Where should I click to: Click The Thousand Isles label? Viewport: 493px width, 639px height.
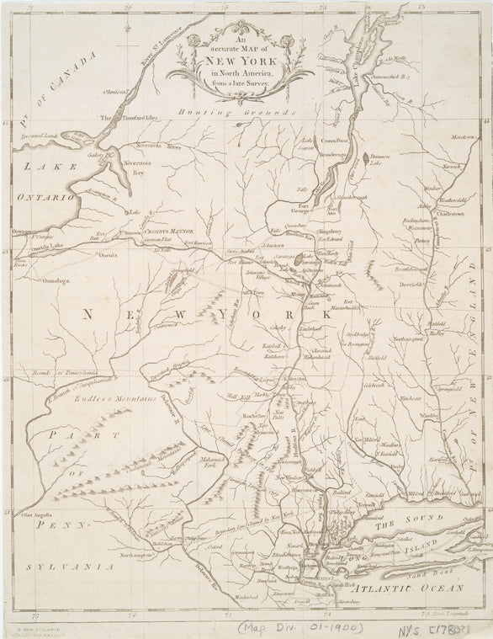coord(130,118)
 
